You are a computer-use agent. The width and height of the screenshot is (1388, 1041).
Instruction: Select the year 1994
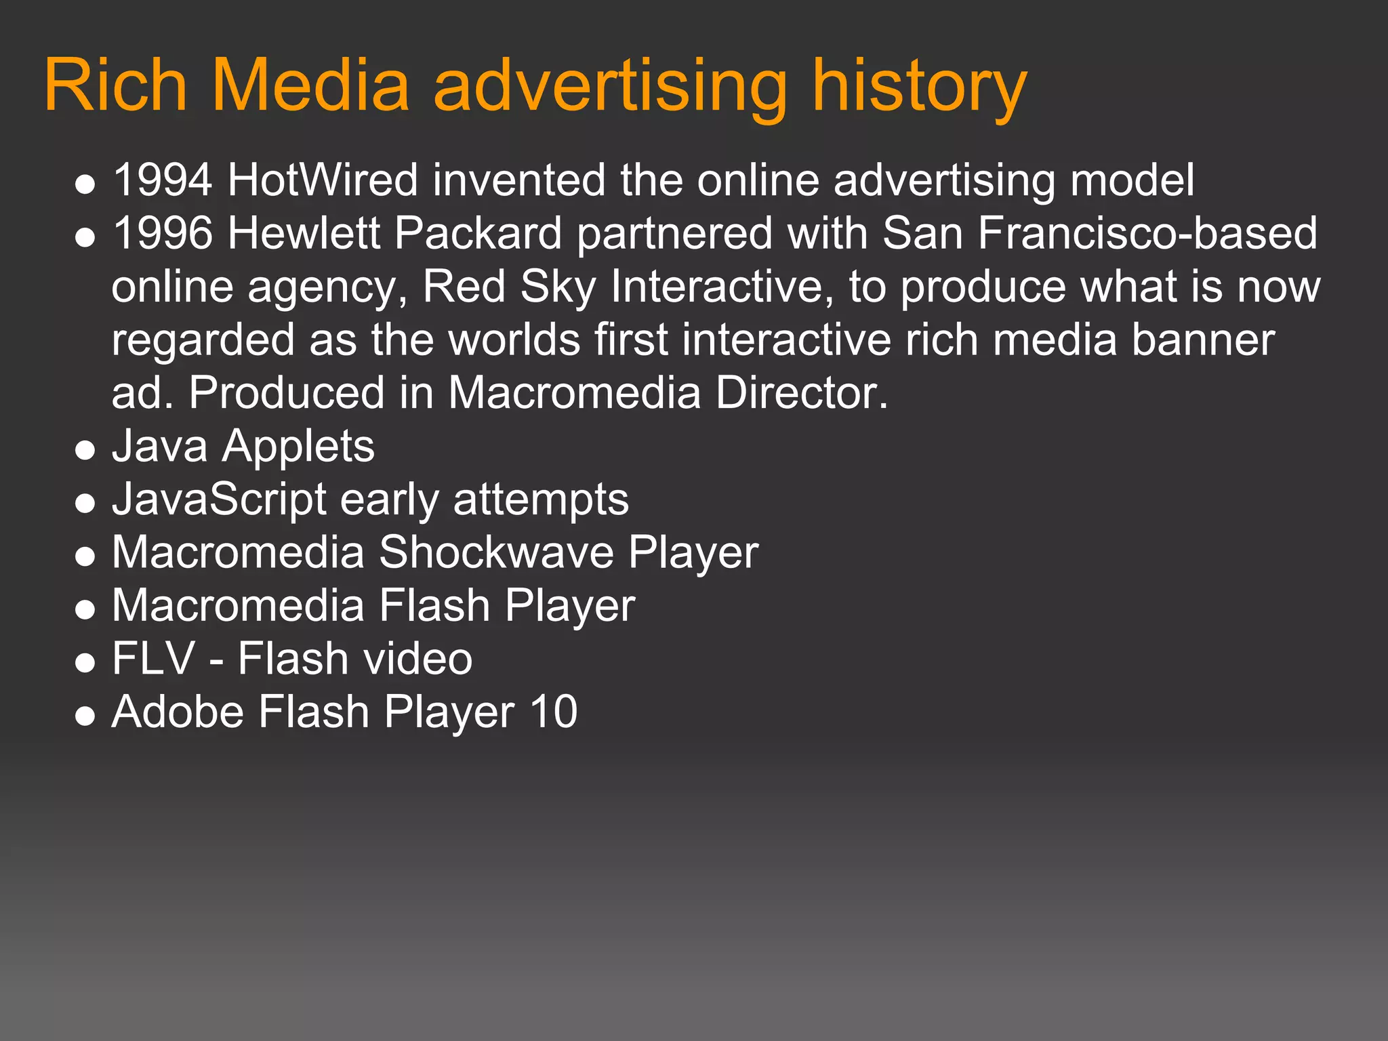(163, 180)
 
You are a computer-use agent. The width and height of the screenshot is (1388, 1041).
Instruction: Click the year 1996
(163, 233)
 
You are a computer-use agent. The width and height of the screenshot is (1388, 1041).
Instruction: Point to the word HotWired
(323, 180)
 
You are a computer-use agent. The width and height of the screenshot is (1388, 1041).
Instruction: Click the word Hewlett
(304, 233)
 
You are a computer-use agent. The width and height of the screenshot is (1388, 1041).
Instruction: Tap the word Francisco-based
(1148, 233)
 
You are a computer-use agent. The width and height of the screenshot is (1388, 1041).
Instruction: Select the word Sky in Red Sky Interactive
(558, 287)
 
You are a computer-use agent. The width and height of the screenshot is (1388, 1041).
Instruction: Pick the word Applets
(298, 447)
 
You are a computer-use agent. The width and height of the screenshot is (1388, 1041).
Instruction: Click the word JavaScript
(220, 500)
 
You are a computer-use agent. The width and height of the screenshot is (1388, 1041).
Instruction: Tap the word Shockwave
(496, 552)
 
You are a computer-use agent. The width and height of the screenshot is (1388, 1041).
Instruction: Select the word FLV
(153, 659)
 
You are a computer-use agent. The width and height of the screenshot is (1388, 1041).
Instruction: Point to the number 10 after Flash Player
(554, 712)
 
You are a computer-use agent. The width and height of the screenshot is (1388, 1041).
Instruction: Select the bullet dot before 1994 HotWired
(85, 184)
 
